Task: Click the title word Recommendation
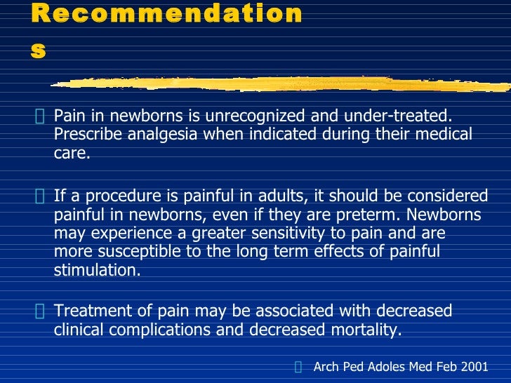[x=167, y=14]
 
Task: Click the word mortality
[x=366, y=330]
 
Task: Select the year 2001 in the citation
[x=474, y=367]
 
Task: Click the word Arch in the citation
[x=326, y=367]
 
